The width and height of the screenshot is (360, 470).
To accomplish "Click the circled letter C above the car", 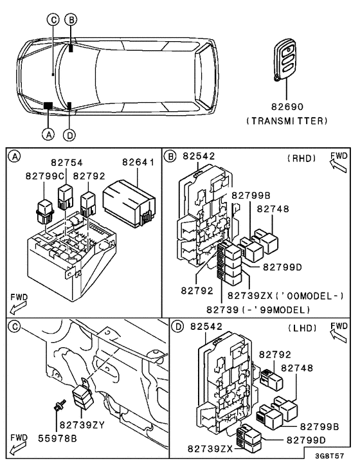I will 53,19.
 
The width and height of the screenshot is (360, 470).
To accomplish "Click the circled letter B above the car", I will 72,19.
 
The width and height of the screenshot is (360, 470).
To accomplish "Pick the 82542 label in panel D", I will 204,326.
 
